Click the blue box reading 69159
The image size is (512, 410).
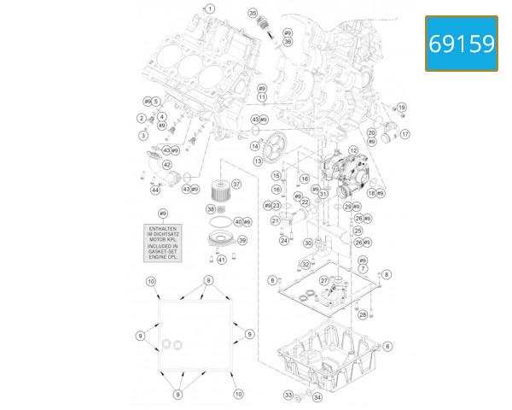(461, 43)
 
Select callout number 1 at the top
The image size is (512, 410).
(211, 9)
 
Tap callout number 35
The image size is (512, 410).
(253, 13)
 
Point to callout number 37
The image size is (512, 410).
(236, 184)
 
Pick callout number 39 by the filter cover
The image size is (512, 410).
(242, 241)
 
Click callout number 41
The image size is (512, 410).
(221, 260)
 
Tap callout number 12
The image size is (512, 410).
(352, 150)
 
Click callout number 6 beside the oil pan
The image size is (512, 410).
(387, 346)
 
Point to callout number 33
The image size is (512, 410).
(288, 395)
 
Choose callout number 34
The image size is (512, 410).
(317, 398)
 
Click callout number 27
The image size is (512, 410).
(324, 280)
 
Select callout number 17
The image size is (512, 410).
(405, 134)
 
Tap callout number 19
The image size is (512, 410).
(402, 108)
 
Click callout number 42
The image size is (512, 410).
(167, 165)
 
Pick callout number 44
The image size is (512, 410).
(155, 190)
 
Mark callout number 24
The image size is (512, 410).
(284, 241)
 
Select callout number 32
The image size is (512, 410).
(305, 266)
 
